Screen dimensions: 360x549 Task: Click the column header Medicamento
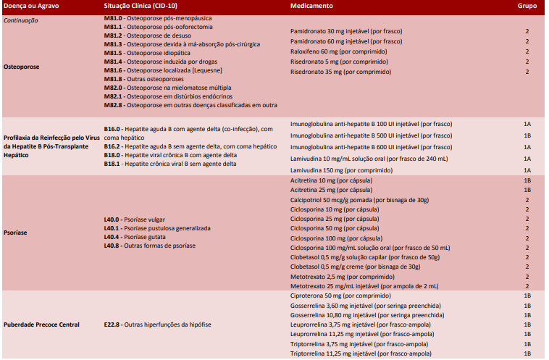pos(311,6)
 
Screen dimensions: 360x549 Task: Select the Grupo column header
pos(527,6)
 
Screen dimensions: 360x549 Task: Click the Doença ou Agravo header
pos(30,6)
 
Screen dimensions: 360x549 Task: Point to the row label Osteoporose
pos(22,66)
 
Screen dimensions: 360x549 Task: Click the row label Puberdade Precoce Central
pos(42,325)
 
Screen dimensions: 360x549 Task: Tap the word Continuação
pos(21,20)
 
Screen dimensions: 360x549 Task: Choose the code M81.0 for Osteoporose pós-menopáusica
pos(114,17)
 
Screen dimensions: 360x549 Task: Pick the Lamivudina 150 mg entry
pos(337,169)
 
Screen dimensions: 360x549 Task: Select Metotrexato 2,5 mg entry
pos(337,277)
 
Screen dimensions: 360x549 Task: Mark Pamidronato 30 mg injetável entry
pos(345,32)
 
